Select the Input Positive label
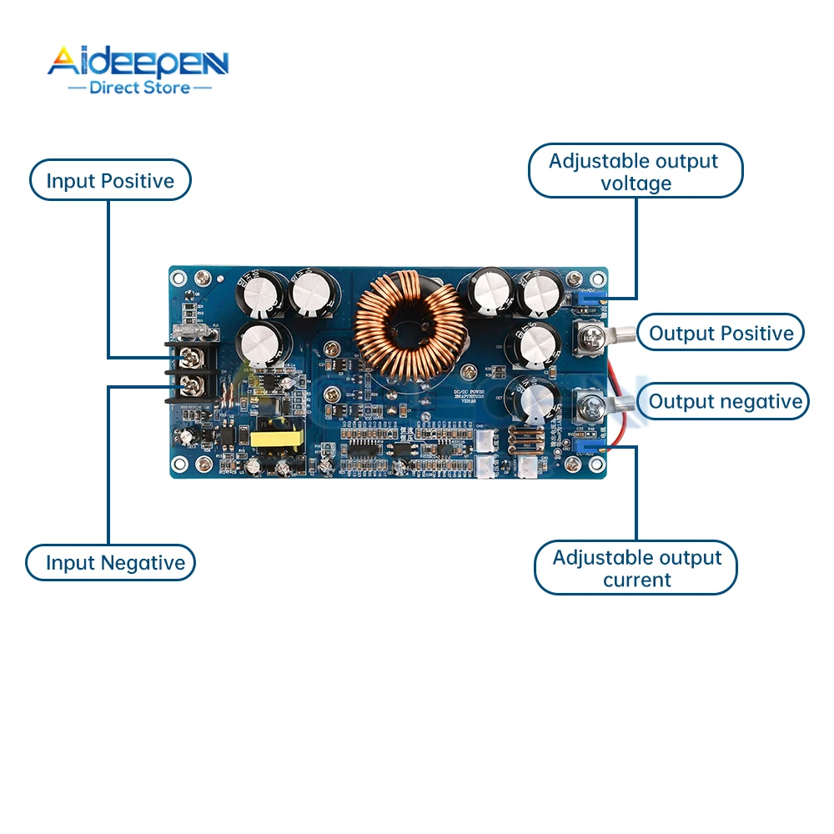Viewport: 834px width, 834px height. pos(110,181)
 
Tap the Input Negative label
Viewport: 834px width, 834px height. pos(115,563)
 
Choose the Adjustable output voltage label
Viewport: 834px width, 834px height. pos(635,172)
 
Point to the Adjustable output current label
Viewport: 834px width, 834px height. pos(636,569)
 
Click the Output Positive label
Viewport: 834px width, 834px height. pos(721,334)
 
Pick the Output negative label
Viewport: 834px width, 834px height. pos(725,402)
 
